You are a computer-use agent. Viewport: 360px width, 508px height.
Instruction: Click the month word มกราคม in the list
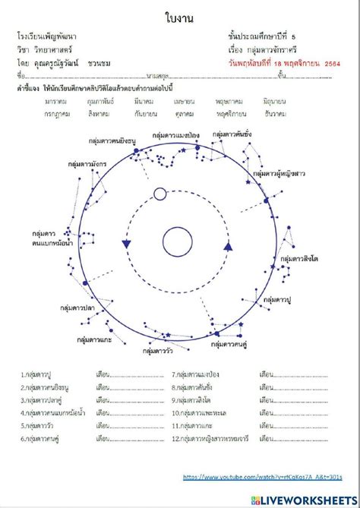pyautogui.click(x=56, y=101)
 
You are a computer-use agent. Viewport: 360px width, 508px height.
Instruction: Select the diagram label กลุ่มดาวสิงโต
pyautogui.click(x=298, y=258)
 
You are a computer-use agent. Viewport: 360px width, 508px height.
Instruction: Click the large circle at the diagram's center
pyautogui.click(x=180, y=242)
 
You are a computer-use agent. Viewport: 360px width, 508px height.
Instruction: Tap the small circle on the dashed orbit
pyautogui.click(x=159, y=193)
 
